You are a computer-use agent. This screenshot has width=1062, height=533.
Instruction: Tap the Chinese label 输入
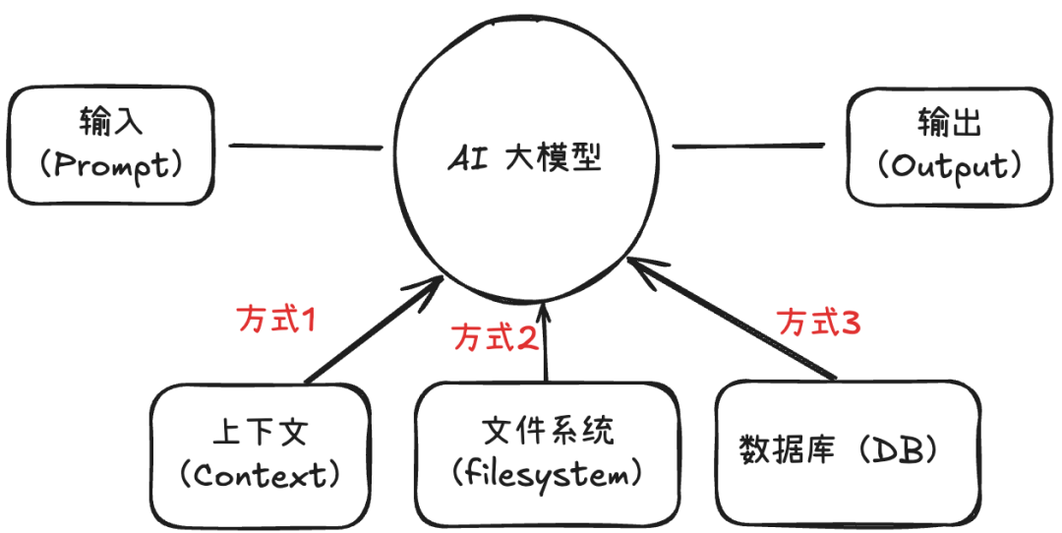coord(111,122)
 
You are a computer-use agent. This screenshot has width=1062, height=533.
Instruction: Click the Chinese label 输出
coord(950,123)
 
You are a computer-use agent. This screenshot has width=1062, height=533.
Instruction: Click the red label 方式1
coord(277,319)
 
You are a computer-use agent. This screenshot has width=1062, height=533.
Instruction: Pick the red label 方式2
coord(495,336)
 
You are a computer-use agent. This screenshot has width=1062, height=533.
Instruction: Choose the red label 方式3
coord(819,322)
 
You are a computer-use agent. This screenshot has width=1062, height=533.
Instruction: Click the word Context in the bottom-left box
coord(260,475)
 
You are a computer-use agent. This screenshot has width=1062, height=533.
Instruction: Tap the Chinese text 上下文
coord(261,433)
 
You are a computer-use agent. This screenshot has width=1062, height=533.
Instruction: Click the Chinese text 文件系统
coord(548,430)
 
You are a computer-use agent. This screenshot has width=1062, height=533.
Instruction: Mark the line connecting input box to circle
coord(306,146)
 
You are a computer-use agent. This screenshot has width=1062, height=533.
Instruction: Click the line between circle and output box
coord(748,145)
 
